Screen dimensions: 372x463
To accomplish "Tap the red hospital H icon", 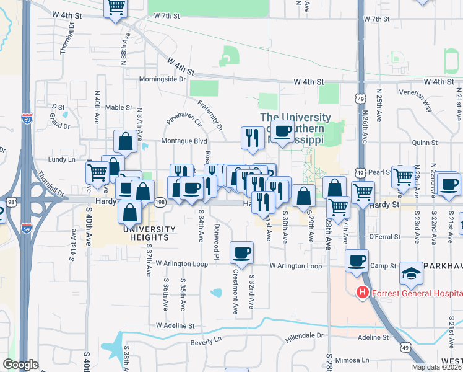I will click(362, 293).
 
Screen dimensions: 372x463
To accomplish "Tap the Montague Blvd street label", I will click(184, 141).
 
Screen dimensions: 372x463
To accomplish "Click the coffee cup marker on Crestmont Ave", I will click(241, 252).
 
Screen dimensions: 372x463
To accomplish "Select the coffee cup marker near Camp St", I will click(357, 260).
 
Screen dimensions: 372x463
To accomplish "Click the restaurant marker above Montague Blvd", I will click(252, 137).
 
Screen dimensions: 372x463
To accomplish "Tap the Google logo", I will click(20, 365).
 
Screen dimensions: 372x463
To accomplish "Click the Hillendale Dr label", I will click(305, 336).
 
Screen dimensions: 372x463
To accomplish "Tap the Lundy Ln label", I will click(62, 159).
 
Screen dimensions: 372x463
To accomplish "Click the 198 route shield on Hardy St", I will click(160, 202).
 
